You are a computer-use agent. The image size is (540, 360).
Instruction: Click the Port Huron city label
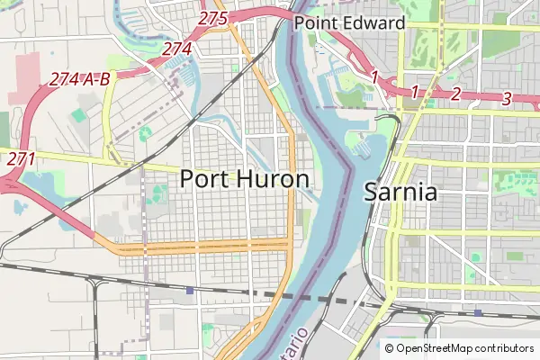[x=246, y=178]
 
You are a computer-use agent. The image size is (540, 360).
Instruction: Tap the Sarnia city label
[x=400, y=192]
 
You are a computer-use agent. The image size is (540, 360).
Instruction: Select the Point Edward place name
[x=350, y=22]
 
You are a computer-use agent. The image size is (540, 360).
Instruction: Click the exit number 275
[x=213, y=18]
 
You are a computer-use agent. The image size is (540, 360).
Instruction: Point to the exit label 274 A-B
[x=80, y=79]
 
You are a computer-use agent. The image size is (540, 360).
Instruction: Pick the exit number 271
[x=21, y=158]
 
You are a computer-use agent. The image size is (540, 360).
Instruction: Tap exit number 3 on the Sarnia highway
[x=507, y=98]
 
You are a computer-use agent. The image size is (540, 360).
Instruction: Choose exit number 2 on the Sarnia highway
[x=455, y=94]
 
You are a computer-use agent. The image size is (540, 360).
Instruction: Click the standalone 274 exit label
[x=175, y=50]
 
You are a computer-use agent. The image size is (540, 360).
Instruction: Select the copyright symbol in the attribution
[x=390, y=348]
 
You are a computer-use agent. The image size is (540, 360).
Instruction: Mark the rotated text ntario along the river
[x=301, y=344]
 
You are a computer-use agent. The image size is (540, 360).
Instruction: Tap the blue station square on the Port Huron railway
[x=190, y=291]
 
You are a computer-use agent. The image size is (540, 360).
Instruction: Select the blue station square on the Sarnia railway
[x=478, y=312]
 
